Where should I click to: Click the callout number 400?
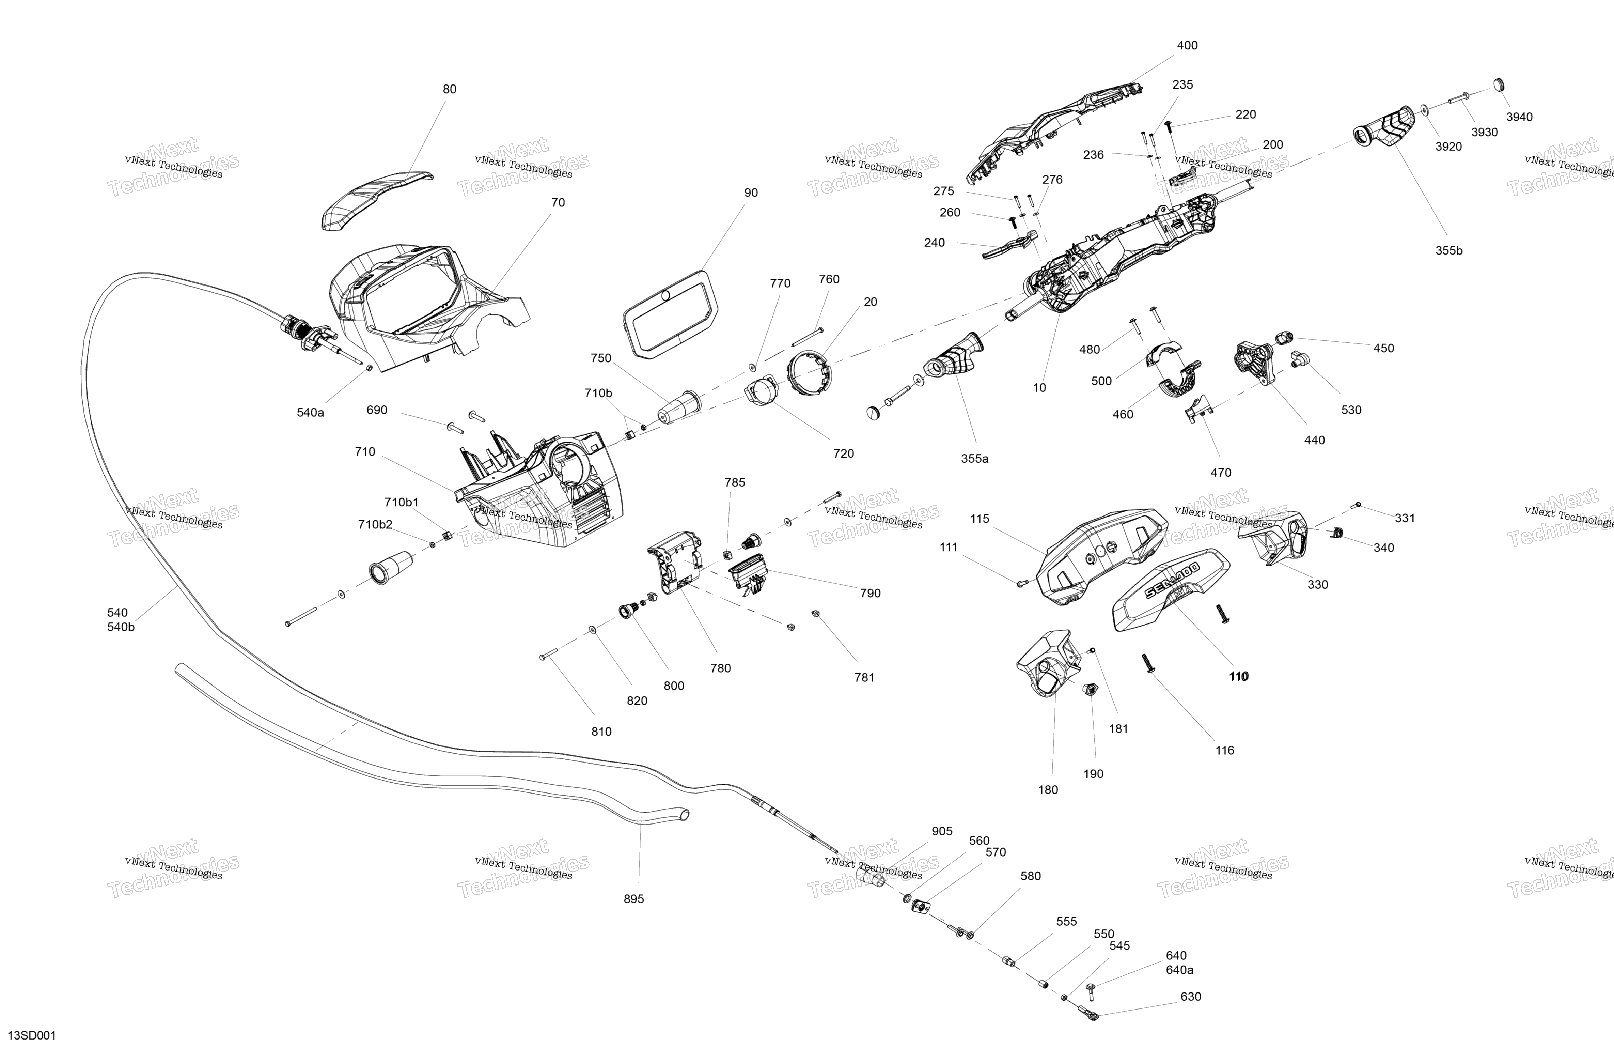(1187, 45)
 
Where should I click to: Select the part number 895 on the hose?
(633, 899)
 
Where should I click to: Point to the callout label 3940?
(1519, 117)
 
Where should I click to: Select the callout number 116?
(1224, 751)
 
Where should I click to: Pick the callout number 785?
(734, 482)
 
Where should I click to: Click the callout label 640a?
(1179, 970)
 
